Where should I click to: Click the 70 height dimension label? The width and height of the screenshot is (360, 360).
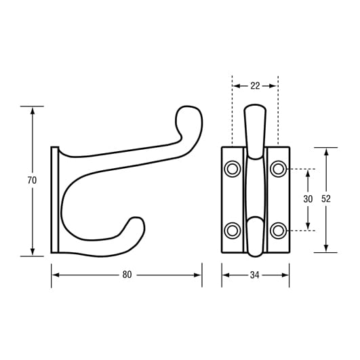33,180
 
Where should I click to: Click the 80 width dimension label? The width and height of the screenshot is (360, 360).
127,275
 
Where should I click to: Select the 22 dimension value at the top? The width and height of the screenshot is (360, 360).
255,85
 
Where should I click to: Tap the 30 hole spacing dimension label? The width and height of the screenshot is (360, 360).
308,199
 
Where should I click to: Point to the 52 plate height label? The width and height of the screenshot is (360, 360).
326,199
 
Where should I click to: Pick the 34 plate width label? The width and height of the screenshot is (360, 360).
255,275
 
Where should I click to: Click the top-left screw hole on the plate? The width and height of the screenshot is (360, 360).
233,169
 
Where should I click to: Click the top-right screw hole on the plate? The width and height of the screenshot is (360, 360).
277,169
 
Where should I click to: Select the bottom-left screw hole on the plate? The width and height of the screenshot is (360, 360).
233,230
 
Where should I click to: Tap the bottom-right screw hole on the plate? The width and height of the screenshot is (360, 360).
277,230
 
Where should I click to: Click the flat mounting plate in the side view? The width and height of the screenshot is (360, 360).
55,200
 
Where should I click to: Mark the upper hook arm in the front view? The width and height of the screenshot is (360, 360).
254,129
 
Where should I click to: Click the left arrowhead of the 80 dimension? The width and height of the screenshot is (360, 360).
55,275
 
